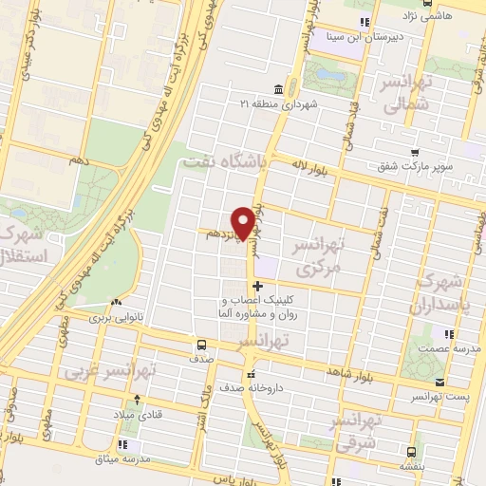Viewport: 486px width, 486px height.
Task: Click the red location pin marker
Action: (x=245, y=222)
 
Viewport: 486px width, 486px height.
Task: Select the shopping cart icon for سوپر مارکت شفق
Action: (x=415, y=151)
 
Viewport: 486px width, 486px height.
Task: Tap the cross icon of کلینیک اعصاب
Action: (x=257, y=286)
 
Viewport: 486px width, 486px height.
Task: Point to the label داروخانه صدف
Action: (x=215, y=389)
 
